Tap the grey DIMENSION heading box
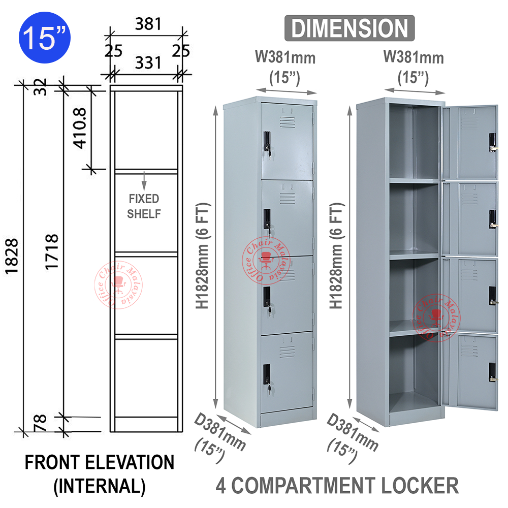pos(349,27)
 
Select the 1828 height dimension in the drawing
pos(12,258)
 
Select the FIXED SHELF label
pos(144,206)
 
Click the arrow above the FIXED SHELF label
pos(144,180)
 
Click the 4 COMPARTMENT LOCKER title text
pos(337,485)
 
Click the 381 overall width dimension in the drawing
pos(147,24)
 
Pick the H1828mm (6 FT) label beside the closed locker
pos(203,258)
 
